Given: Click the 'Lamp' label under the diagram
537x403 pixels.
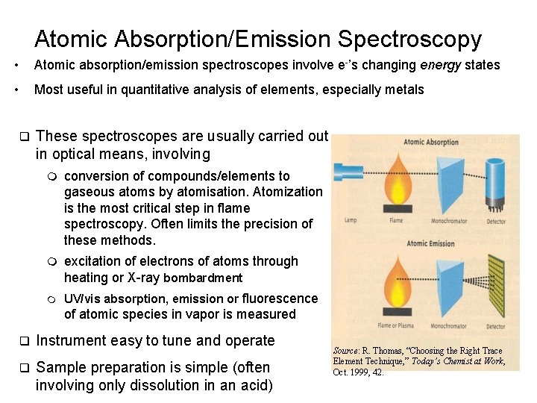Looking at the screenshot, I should click(x=351, y=221).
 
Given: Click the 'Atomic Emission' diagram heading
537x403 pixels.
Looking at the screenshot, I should click(x=432, y=243).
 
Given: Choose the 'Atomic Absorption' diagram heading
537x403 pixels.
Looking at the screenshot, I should click(x=431, y=143).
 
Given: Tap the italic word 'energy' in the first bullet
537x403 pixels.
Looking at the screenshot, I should click(x=441, y=65).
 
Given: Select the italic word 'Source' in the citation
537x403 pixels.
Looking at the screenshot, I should click(x=346, y=351).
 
